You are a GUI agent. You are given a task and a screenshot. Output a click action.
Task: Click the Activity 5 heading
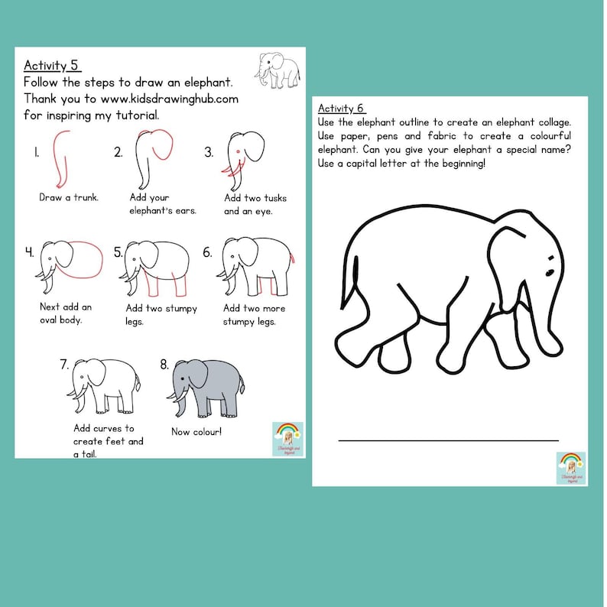[x=52, y=65]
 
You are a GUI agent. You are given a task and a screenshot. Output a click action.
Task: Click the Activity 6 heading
[x=342, y=108]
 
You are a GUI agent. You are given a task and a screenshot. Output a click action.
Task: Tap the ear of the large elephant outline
[x=514, y=260]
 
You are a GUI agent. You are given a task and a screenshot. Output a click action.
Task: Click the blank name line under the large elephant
[x=448, y=440]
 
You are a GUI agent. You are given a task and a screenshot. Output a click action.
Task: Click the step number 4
[x=29, y=252]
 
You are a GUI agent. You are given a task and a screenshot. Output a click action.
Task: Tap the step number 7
[x=64, y=364]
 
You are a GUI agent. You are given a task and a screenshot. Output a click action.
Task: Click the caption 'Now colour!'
[x=196, y=432]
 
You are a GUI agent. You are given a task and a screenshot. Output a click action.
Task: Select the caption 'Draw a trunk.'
[x=68, y=197]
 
